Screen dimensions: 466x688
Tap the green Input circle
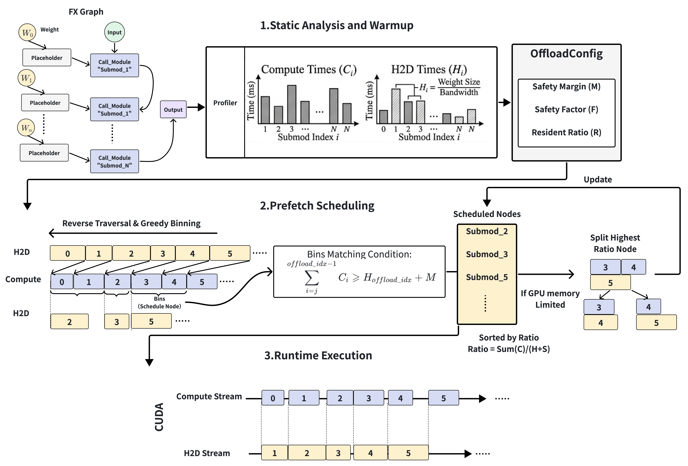(115, 32)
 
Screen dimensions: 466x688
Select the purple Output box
(173, 109)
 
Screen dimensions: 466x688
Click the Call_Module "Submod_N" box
(115, 161)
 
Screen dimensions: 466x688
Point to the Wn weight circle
(26, 128)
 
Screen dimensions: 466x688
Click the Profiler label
(225, 103)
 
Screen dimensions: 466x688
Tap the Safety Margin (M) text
(566, 87)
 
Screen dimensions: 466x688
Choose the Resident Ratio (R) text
(566, 132)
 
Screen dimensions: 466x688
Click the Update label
(598, 179)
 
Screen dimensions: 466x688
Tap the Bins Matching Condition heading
(359, 254)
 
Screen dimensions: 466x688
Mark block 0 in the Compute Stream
(273, 398)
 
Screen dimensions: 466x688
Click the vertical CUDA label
(159, 417)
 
